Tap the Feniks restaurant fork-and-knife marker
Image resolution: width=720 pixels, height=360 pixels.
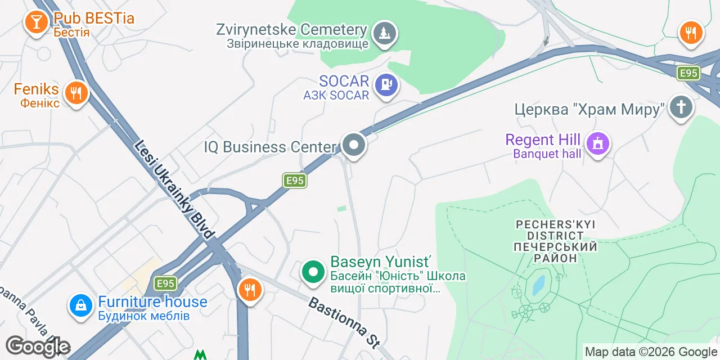click(74, 92)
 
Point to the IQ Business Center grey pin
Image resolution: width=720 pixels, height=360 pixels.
click(354, 146)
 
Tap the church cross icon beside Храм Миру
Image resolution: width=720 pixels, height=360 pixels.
click(681, 107)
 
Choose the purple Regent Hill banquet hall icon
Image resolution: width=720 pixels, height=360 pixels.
click(598, 143)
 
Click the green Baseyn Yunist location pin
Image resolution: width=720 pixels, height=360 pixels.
click(314, 272)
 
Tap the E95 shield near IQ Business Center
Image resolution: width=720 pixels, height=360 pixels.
click(295, 181)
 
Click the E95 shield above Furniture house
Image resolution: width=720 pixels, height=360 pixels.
click(166, 283)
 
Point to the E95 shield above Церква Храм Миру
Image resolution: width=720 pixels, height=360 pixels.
click(688, 73)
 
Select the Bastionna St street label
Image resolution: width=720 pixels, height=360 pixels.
click(344, 322)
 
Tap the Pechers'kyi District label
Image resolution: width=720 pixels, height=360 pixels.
click(555, 241)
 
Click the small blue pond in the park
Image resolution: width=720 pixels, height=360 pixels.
click(538, 286)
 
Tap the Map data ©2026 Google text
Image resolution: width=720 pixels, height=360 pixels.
click(651, 352)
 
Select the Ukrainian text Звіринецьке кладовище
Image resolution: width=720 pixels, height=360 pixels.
click(298, 43)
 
